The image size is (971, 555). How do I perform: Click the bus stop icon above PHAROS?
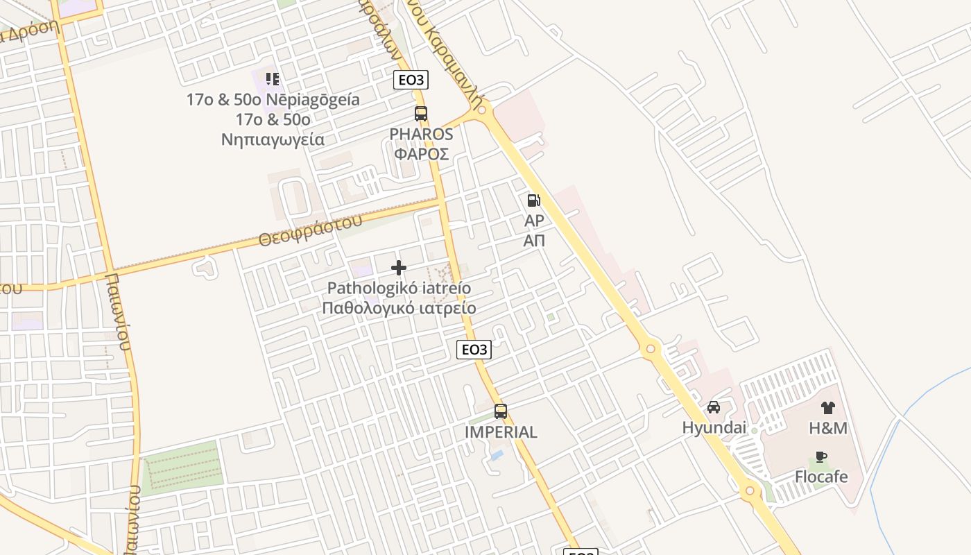tap(420, 114)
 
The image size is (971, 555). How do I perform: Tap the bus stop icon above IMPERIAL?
tap(501, 411)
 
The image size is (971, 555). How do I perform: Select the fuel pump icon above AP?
tap(533, 200)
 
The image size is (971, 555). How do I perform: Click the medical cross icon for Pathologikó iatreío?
tap(399, 268)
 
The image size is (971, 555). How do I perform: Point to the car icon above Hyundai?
tap(714, 407)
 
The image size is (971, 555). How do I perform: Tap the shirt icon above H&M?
tap(828, 408)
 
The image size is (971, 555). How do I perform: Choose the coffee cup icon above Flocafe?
tap(821, 456)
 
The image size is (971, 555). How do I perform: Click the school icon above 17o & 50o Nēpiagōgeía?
tap(273, 79)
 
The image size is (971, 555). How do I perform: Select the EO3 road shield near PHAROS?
tap(411, 80)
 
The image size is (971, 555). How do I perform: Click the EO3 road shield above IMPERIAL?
tap(474, 350)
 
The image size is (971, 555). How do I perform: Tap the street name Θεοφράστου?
tap(310, 230)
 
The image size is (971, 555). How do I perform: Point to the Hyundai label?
tap(714, 427)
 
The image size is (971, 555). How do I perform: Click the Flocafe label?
tap(821, 477)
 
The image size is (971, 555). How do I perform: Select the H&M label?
tap(828, 428)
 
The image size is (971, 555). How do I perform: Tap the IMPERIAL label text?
tap(501, 432)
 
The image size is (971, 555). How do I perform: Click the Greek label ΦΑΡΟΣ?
tap(421, 153)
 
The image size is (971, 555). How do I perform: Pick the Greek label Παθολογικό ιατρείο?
tap(399, 307)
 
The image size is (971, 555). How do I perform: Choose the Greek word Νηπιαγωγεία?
tap(273, 139)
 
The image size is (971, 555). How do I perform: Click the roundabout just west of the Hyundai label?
tap(650, 349)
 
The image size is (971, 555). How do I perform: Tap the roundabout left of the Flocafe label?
tap(749, 492)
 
